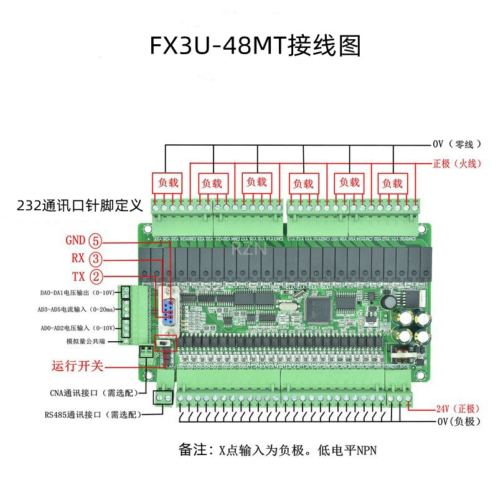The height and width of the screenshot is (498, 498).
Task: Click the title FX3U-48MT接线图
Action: [x=255, y=46]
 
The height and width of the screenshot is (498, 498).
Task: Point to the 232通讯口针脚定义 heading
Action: [x=80, y=205]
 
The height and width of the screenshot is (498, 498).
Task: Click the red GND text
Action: [x=76, y=240]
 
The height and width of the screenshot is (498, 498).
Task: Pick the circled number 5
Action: [x=96, y=240]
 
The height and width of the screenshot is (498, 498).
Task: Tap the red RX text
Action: [x=78, y=258]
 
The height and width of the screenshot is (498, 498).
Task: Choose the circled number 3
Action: [x=96, y=258]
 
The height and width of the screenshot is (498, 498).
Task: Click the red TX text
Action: [x=78, y=276]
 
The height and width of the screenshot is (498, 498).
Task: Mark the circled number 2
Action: [x=96, y=276]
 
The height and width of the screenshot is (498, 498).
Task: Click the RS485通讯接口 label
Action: [x=92, y=414]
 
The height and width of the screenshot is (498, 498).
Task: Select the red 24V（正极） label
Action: [x=458, y=409]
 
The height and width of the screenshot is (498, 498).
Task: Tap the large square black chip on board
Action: [x=318, y=306]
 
